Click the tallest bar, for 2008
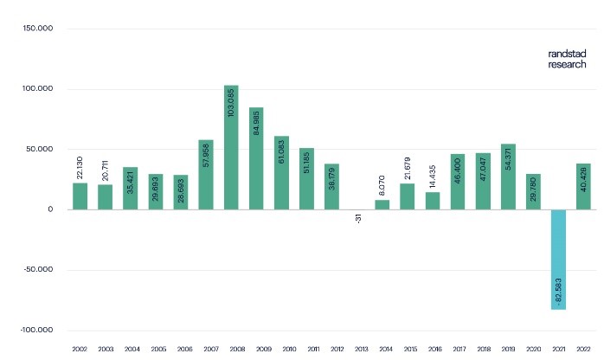pos(231,147)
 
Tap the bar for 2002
pos(80,196)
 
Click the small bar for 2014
pos(382,205)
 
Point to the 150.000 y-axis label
pos(40,29)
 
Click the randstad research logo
pos(566,59)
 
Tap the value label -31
pos(358,220)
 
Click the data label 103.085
pos(231,103)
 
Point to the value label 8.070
pos(383,184)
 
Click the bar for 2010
pos(282,173)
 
